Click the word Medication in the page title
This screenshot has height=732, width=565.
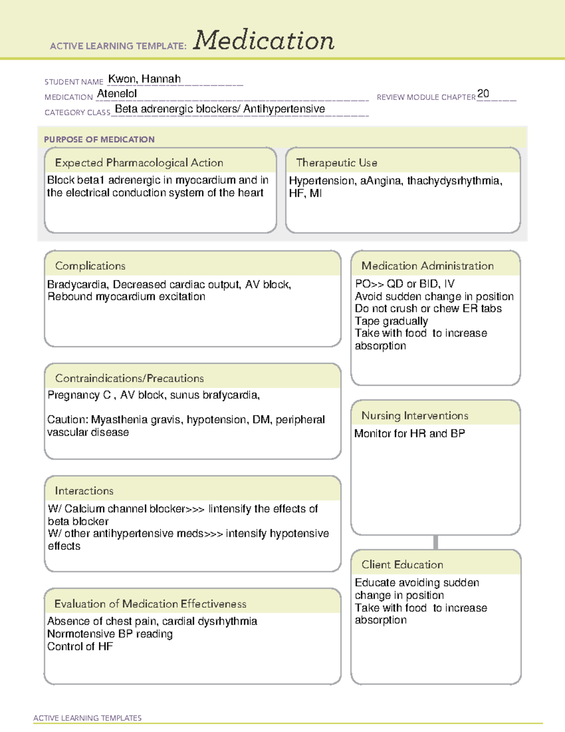264,41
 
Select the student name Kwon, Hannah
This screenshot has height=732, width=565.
144,79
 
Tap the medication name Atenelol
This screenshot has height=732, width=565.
117,94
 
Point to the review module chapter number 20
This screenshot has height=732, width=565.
483,94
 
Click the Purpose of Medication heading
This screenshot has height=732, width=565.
99,140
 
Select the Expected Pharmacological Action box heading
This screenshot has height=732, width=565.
139,163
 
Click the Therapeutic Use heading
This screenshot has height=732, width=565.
336,163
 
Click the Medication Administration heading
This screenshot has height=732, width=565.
427,266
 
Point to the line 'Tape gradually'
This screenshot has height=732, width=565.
391,321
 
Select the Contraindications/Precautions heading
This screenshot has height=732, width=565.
129,378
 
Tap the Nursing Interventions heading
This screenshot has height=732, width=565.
414,416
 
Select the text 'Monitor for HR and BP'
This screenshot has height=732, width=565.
409,434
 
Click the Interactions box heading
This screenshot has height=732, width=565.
84,491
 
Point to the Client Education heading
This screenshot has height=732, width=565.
402,565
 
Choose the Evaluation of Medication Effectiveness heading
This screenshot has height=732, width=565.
150,604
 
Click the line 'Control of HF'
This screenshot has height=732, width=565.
80,647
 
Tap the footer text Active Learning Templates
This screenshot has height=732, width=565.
87,718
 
